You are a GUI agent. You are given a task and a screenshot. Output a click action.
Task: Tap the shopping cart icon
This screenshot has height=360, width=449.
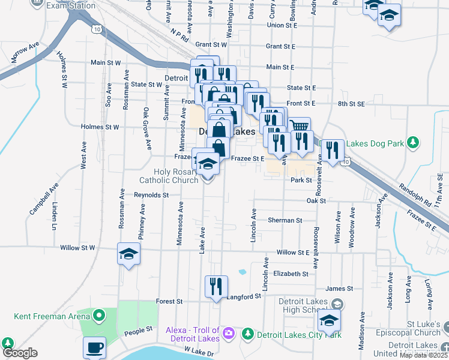point(300,127)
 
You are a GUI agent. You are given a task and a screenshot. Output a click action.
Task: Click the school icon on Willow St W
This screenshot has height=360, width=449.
point(128,255)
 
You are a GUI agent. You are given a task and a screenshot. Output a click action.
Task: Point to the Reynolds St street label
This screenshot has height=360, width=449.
point(151,195)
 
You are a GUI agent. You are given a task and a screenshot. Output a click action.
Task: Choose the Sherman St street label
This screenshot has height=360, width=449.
point(285,220)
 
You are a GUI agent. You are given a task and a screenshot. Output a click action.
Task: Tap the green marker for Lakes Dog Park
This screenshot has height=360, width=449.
point(412,142)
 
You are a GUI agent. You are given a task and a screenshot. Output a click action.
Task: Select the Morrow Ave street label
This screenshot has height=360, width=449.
point(25,52)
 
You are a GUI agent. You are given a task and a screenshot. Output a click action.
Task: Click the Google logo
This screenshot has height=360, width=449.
point(19,353)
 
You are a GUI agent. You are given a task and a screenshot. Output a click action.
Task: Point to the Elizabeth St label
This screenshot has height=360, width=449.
point(291,274)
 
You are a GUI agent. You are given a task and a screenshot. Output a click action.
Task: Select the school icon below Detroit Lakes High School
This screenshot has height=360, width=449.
point(329,322)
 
